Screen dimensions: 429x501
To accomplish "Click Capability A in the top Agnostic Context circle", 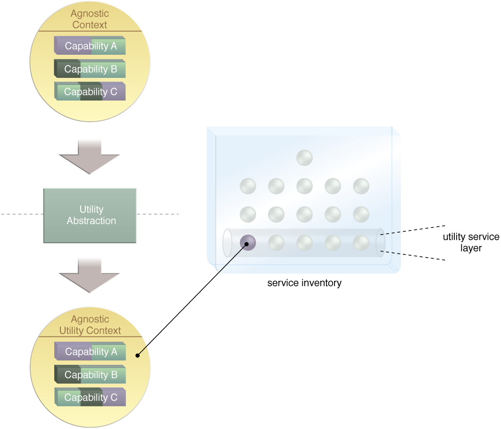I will point(90,46).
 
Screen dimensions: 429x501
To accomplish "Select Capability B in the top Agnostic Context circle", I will point(90,69).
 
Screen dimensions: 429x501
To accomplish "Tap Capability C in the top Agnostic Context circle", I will point(90,92).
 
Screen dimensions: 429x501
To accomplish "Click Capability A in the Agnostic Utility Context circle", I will point(91,352).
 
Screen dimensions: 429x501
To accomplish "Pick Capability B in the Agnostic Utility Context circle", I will point(91,375).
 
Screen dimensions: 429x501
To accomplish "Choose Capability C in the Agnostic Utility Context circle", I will point(91,397).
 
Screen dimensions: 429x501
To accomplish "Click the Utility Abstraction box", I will point(90,215).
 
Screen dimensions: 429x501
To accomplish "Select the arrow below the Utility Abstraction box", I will point(90,275).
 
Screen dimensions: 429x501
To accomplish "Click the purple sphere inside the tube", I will point(248,243).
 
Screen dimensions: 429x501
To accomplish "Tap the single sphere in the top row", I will point(305,158).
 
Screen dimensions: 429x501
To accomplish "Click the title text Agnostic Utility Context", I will point(90,325).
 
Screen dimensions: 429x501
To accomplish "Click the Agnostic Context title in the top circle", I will point(90,19).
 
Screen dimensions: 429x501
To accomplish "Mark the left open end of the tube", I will point(227,243).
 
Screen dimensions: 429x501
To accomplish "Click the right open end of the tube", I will point(380,243).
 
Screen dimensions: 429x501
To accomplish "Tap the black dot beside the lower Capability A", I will point(138,355).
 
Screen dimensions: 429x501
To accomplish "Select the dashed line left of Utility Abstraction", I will point(21,215).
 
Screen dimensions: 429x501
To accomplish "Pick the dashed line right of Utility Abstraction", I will point(158,215).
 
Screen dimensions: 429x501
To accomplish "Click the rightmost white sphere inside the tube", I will point(361,243).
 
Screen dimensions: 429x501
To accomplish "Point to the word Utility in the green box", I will point(92,210).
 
